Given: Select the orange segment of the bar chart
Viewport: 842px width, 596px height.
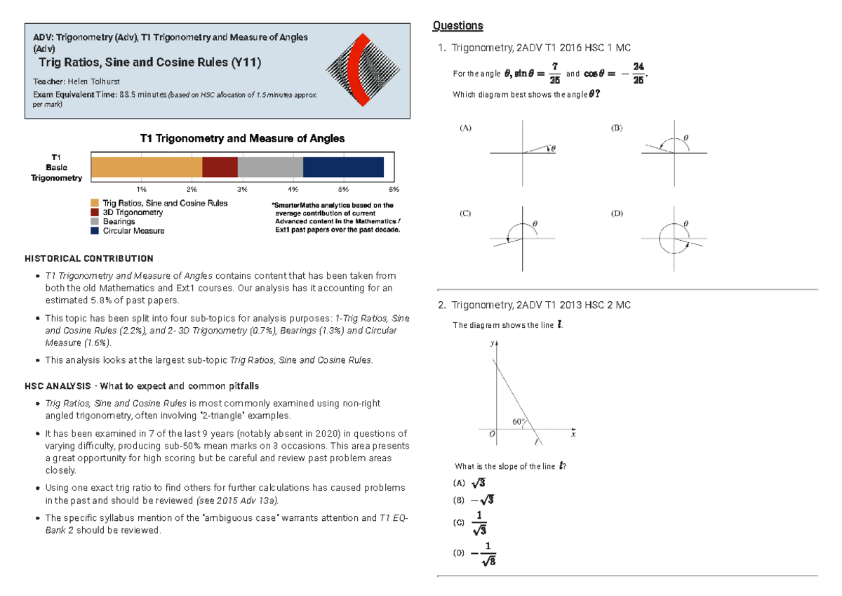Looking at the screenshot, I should (146, 167).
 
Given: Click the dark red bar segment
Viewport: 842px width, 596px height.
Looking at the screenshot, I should (220, 167).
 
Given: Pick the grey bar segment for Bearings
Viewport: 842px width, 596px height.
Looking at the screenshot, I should (270, 167).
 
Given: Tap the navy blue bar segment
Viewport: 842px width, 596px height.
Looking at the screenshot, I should (343, 167).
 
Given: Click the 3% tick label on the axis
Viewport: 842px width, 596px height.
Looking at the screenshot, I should (242, 190).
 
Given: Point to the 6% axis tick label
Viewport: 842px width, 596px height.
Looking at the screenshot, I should (393, 190).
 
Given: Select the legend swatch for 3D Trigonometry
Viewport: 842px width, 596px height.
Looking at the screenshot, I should (95, 212).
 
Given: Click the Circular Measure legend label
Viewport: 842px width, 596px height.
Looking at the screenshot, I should (133, 230).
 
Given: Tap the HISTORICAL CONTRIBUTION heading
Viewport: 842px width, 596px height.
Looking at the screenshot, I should (88, 258).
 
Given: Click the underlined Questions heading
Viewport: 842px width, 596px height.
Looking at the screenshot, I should (457, 26).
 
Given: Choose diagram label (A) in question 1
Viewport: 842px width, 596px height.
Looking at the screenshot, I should (466, 128).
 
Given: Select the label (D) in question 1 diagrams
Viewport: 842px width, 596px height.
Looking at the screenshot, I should (617, 213).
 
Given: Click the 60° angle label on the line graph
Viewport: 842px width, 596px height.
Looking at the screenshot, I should (519, 422).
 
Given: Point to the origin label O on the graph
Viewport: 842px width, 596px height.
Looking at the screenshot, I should (492, 435).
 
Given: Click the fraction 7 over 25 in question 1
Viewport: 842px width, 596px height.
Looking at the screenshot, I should (554, 72).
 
